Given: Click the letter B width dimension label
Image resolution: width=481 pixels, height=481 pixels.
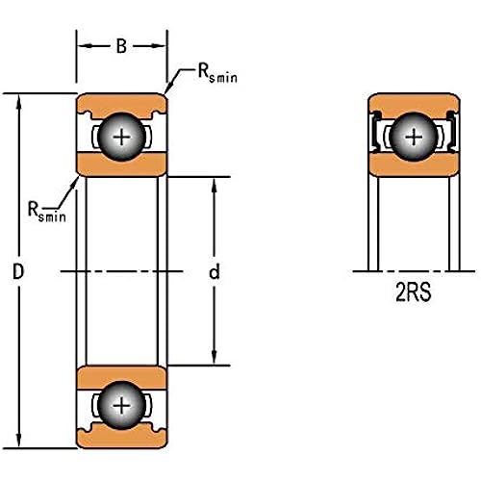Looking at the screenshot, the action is tap(121, 46).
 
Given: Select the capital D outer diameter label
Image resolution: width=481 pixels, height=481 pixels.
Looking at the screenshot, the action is tap(18, 271).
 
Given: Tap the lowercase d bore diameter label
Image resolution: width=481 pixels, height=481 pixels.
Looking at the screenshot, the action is tap(215, 271).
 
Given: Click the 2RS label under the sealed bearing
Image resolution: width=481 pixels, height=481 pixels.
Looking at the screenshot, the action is tap(414, 292).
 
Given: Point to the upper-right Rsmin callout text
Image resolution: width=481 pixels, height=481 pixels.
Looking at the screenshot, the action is tap(217, 73).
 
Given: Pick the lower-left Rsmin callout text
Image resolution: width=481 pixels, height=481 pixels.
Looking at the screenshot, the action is tap(47, 212).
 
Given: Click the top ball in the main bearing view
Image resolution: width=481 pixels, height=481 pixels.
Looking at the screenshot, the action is tap(121, 137).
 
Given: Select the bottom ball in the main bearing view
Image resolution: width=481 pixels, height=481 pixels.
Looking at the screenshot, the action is tap(121, 406).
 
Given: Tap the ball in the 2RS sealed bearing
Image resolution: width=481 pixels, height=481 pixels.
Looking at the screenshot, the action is tap(414, 137).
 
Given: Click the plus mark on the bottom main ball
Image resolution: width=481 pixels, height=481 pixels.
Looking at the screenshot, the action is tap(121, 406).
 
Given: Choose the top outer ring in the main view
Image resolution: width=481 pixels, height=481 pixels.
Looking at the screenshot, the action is tap(121, 104).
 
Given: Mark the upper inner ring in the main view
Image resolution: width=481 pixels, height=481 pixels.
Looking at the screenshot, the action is tap(121, 165).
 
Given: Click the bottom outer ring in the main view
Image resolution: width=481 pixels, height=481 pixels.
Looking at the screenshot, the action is tap(121, 437).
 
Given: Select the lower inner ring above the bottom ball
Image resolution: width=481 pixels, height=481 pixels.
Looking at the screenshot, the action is tap(121, 377).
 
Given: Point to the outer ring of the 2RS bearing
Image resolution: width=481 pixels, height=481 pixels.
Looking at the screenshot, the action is tap(414, 104).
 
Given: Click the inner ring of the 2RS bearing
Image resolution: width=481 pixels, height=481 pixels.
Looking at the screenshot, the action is tap(414, 165).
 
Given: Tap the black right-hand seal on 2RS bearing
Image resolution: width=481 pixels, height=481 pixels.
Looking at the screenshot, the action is tap(453, 132).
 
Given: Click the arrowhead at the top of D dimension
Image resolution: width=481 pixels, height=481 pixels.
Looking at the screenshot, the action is tap(18, 101).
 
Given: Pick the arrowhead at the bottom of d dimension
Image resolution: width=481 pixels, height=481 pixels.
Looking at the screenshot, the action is tap(215, 358).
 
